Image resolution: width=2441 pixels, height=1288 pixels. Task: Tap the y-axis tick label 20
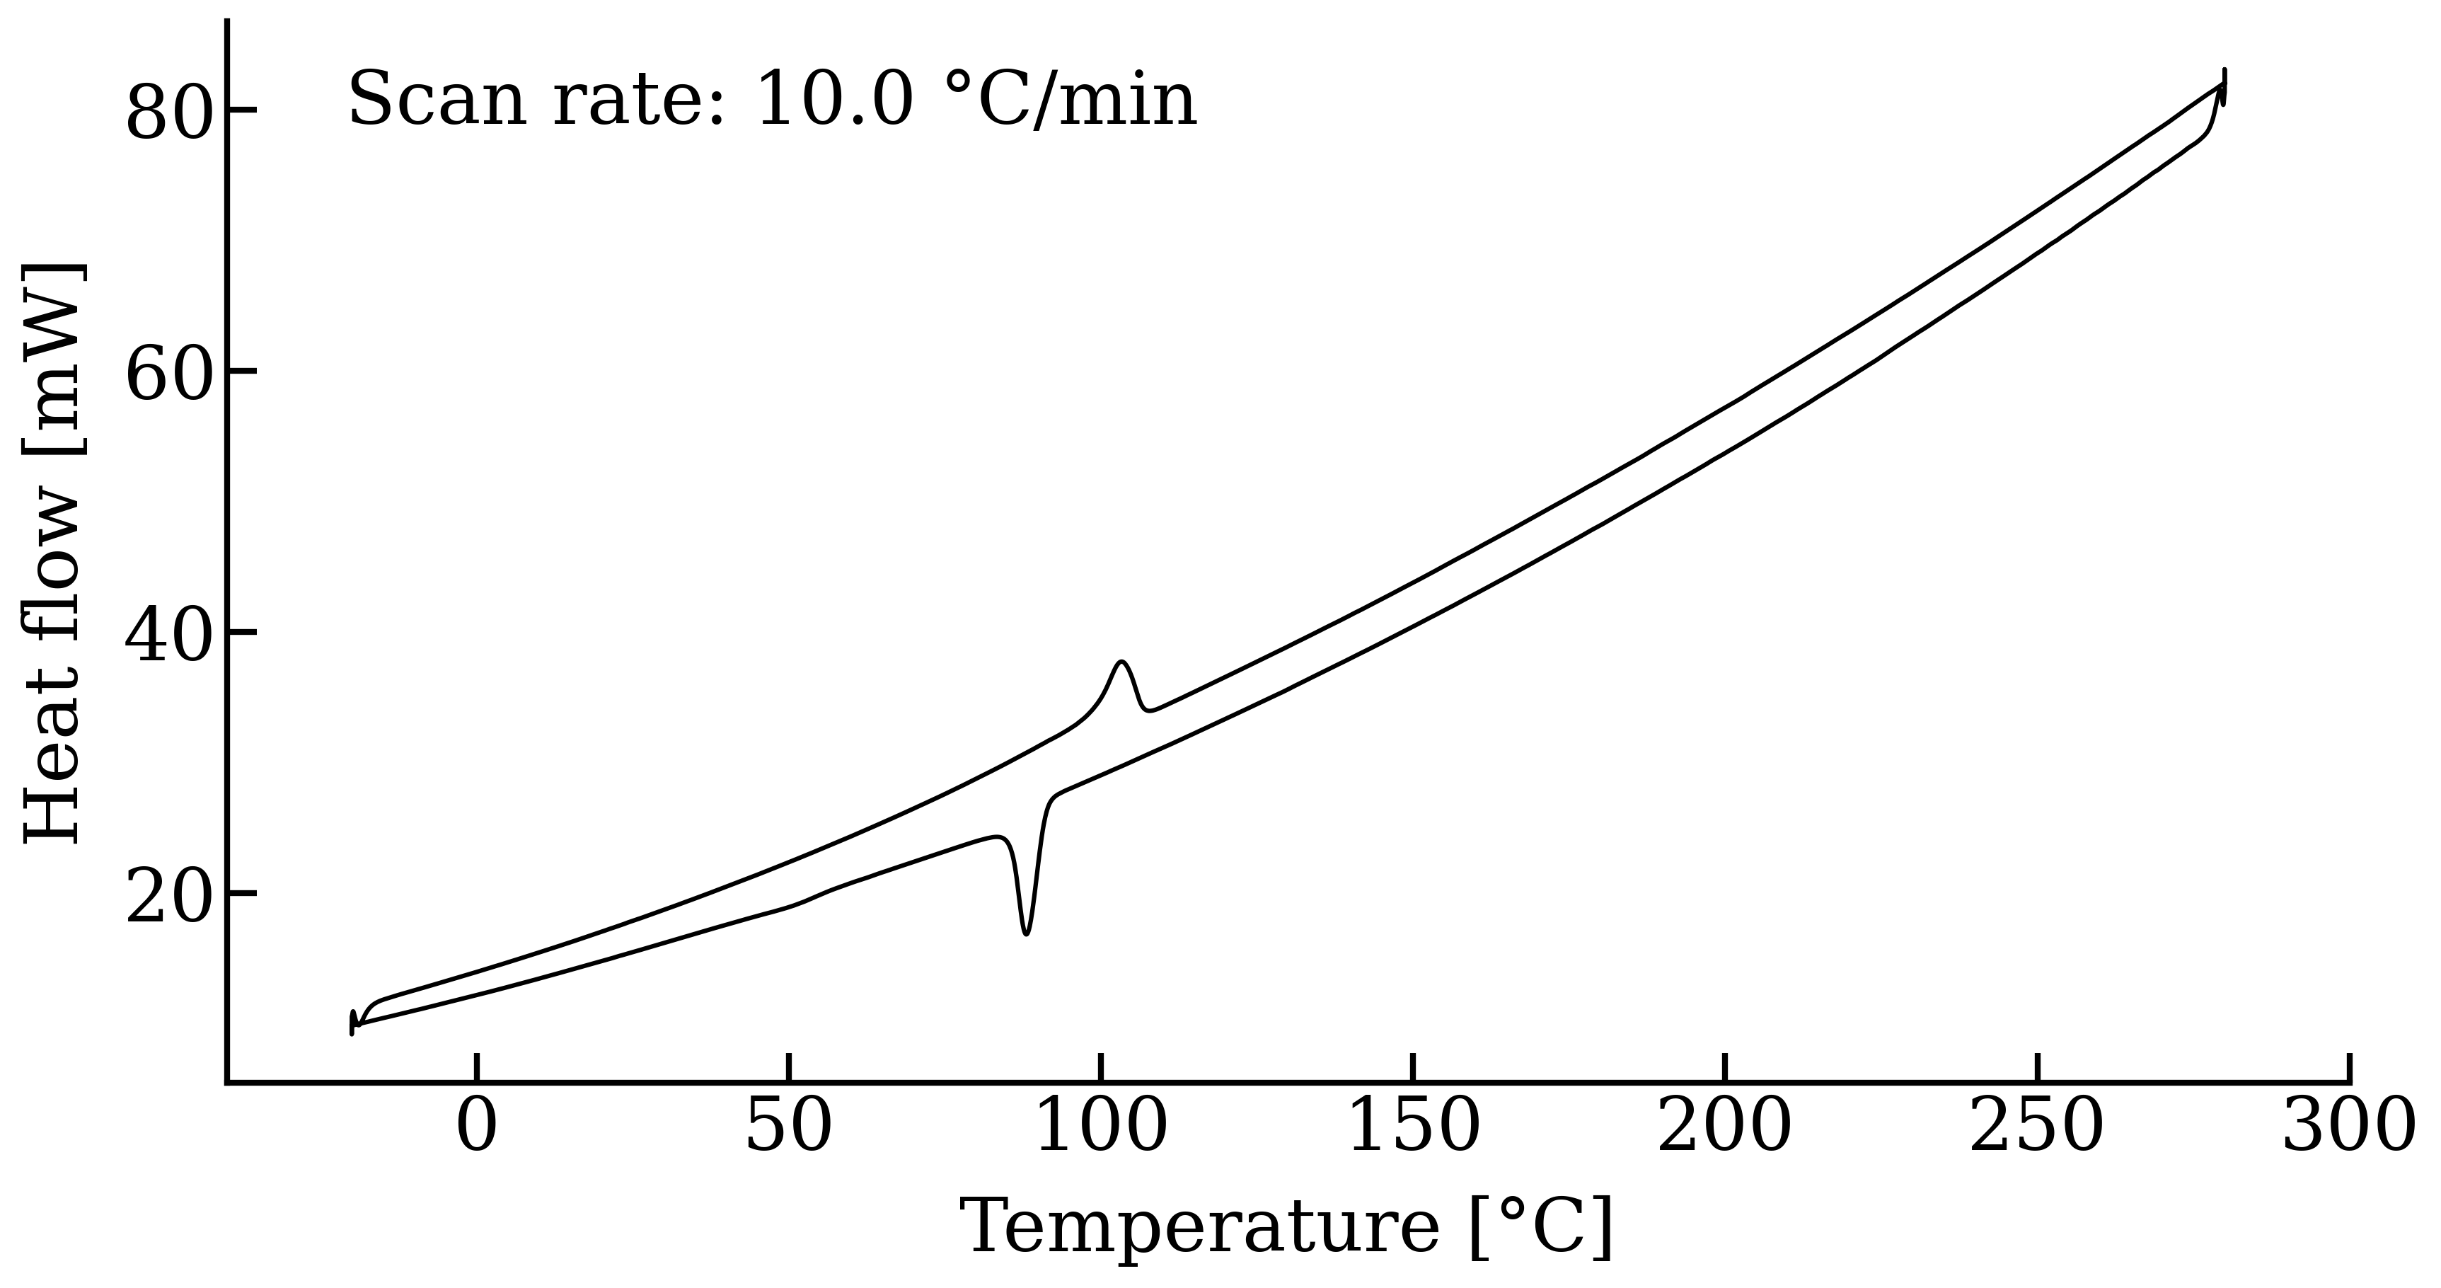pos(167,897)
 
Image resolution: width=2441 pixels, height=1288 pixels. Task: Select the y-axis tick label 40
pos(167,635)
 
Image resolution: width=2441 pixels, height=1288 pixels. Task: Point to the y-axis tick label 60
pos(167,374)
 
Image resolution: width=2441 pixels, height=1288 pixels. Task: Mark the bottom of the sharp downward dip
pos(1026,933)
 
